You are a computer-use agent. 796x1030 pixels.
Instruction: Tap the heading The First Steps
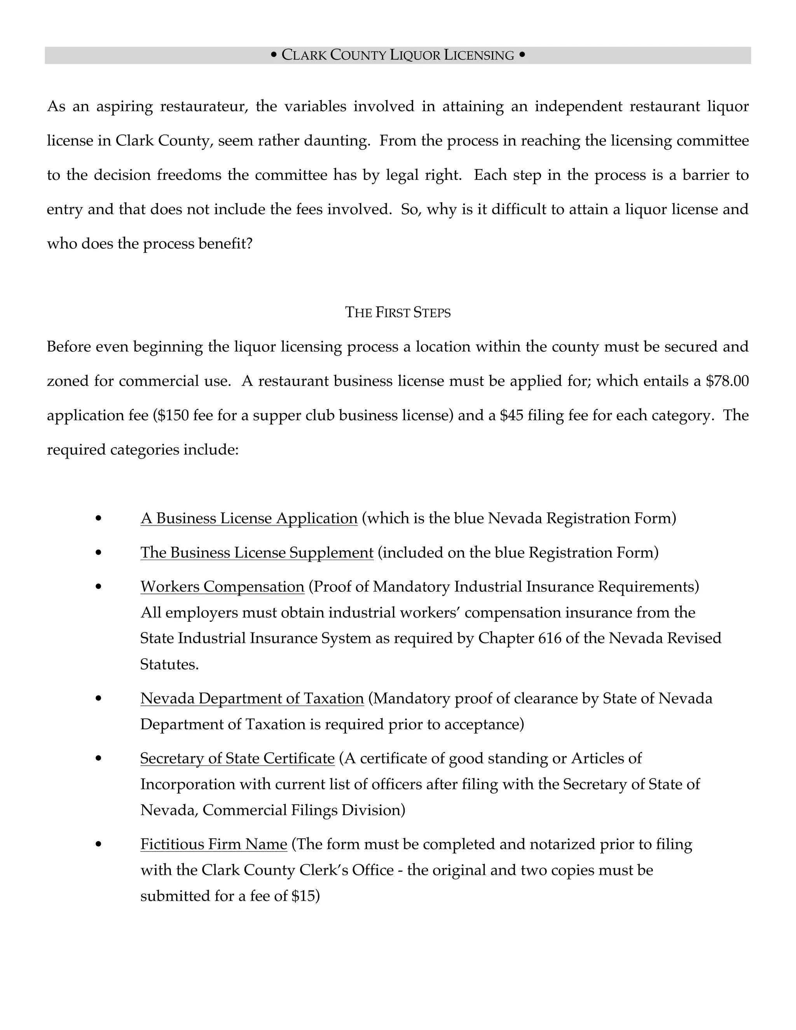pyautogui.click(x=398, y=312)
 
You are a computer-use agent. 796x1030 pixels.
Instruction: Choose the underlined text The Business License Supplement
pyautogui.click(x=257, y=553)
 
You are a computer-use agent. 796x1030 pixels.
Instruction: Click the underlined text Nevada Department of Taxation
pyautogui.click(x=252, y=698)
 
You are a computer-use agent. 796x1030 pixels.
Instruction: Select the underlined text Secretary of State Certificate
pyautogui.click(x=237, y=758)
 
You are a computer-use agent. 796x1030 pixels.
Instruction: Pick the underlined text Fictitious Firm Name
pyautogui.click(x=214, y=844)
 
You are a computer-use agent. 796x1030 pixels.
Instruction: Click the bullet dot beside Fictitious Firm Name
pyautogui.click(x=98, y=845)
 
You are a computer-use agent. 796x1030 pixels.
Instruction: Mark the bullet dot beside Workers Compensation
pyautogui.click(x=98, y=587)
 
